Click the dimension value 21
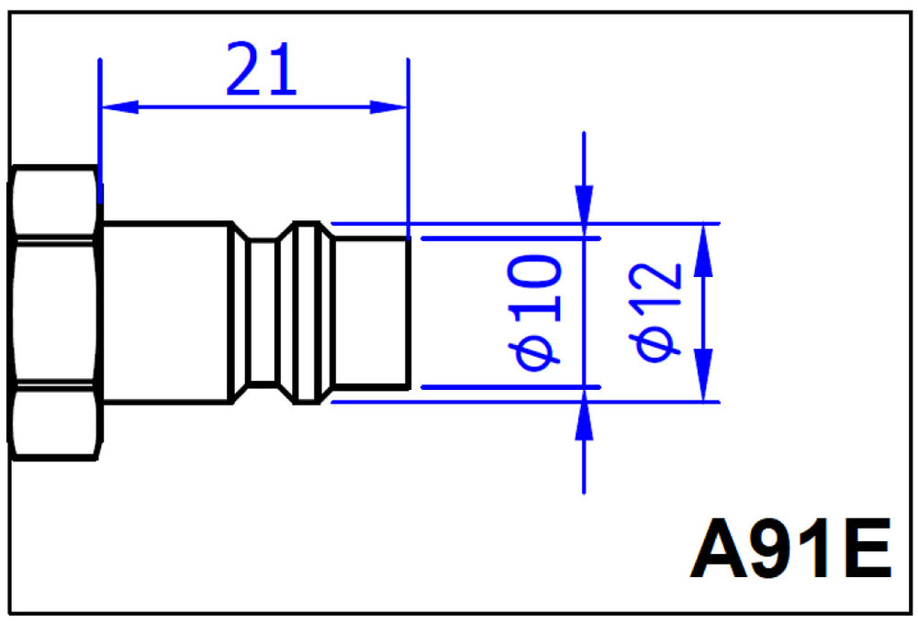click(261, 69)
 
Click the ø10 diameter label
click(534, 312)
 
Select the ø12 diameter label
click(655, 312)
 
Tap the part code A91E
click(790, 549)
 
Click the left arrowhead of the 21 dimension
click(120, 107)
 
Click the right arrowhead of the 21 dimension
click(388, 107)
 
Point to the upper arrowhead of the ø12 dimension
click(703, 250)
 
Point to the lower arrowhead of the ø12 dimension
click(703, 375)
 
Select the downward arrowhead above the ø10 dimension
click(584, 211)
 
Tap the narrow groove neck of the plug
click(263, 313)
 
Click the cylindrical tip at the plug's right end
click(372, 313)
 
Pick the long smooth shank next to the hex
click(166, 313)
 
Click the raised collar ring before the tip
click(307, 313)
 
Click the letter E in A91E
click(868, 549)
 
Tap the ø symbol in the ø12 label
click(655, 345)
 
